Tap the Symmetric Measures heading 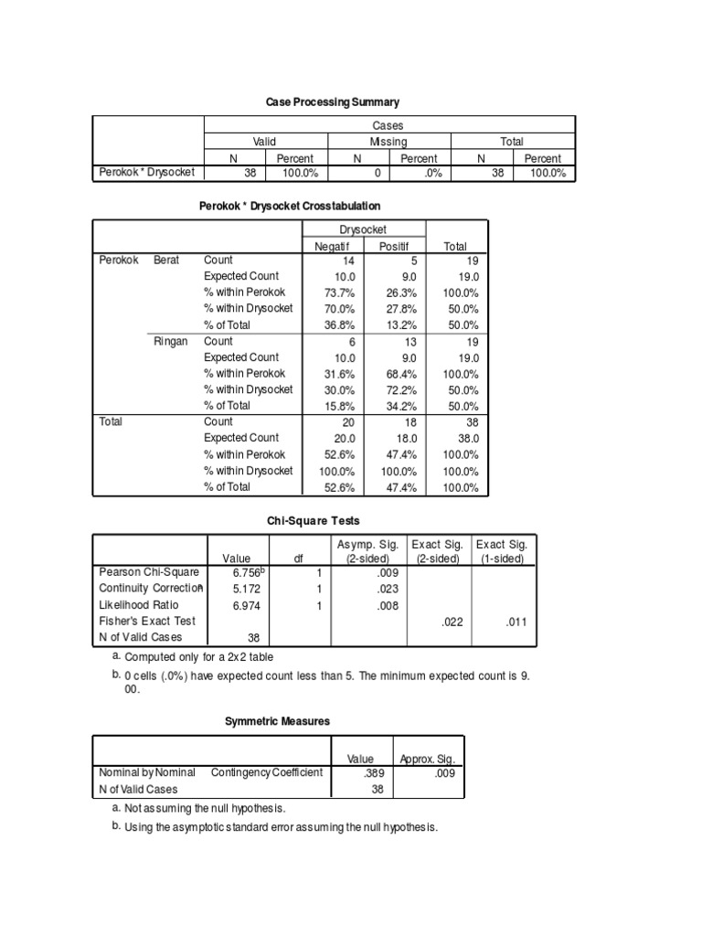(277, 721)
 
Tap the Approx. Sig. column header (427, 758)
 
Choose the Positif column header (395, 246)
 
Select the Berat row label (166, 260)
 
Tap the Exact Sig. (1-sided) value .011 (515, 622)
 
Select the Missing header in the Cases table (388, 142)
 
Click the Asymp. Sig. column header (367, 551)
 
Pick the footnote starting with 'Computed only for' (197, 657)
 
